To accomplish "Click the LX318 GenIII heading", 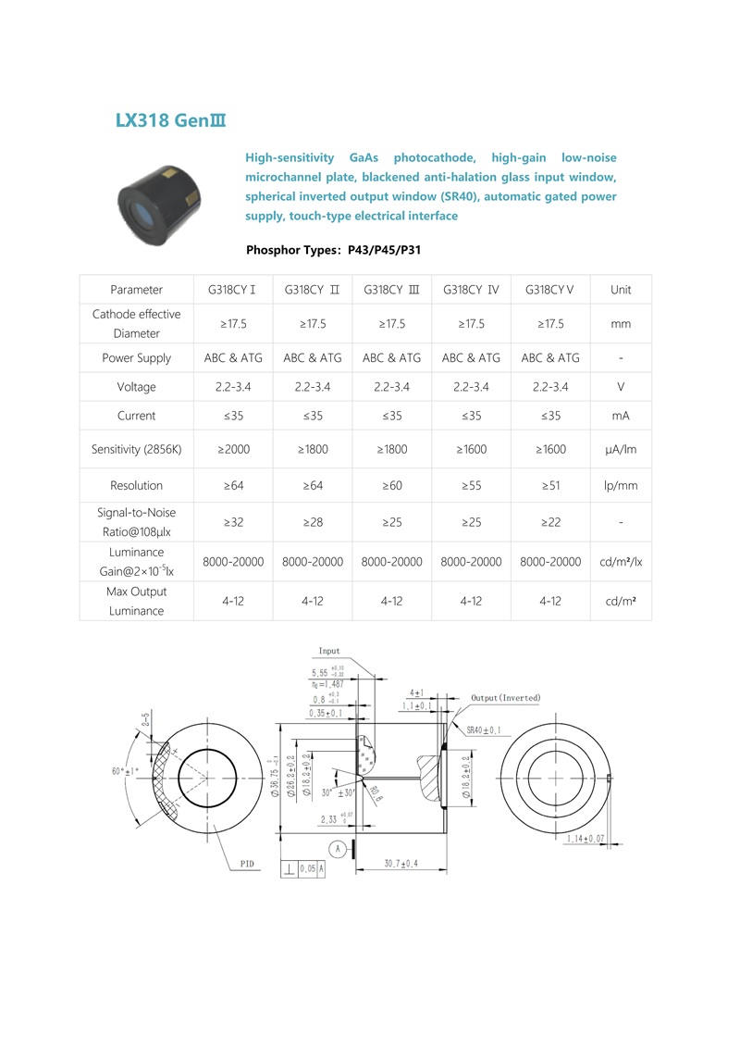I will (x=171, y=120).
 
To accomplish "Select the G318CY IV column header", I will (x=471, y=290).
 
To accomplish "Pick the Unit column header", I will (x=621, y=290).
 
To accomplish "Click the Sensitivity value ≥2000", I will (x=233, y=449).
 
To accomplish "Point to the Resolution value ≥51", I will (x=550, y=485).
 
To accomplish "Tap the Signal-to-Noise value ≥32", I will (x=233, y=522).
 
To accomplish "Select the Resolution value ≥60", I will (x=391, y=485).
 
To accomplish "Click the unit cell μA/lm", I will (x=621, y=449).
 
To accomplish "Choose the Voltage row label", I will (x=136, y=386).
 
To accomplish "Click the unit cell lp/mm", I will (x=621, y=485).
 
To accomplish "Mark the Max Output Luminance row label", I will (x=136, y=601).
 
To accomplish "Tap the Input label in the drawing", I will (x=329, y=652).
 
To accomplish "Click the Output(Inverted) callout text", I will (x=505, y=697).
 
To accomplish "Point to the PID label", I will (x=247, y=864).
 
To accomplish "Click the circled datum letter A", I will (x=339, y=848).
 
